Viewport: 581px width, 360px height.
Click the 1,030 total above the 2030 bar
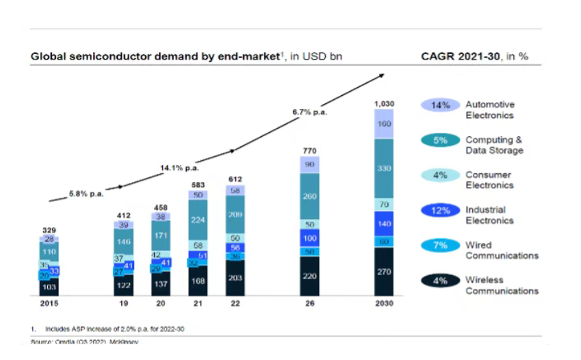(384, 103)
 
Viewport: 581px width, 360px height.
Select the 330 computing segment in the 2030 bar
(384, 168)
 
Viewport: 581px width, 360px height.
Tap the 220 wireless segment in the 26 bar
(309, 276)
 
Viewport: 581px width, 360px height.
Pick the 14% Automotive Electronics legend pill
(440, 105)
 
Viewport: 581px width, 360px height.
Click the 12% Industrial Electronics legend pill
(440, 210)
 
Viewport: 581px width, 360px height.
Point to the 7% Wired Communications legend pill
(440, 245)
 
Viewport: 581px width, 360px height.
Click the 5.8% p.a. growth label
(86, 194)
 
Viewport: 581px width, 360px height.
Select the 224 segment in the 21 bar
(198, 220)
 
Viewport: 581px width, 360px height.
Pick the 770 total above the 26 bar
(309, 150)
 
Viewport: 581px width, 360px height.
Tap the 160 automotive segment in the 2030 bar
(384, 124)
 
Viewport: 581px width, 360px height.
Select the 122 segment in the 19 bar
(123, 284)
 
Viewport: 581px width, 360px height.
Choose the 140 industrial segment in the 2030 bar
(384, 223)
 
